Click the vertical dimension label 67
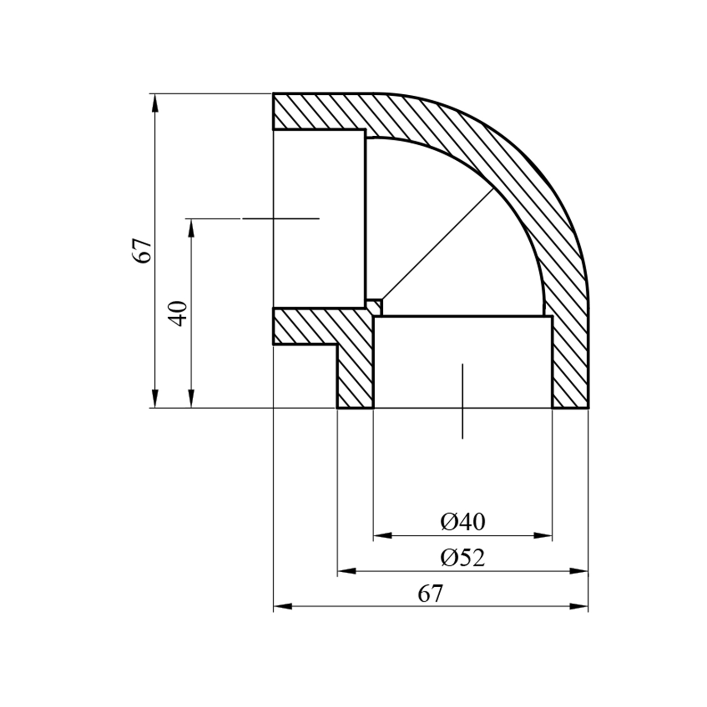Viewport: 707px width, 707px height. [144, 251]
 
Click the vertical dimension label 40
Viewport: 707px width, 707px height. [179, 313]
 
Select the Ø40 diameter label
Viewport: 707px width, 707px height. [463, 522]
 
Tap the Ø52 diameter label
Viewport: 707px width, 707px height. [463, 558]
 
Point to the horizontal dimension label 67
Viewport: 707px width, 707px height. [431, 594]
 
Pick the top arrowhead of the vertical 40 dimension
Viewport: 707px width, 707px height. [191, 228]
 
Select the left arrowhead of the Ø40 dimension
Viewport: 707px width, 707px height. [382, 535]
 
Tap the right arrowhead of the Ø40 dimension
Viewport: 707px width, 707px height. [543, 535]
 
